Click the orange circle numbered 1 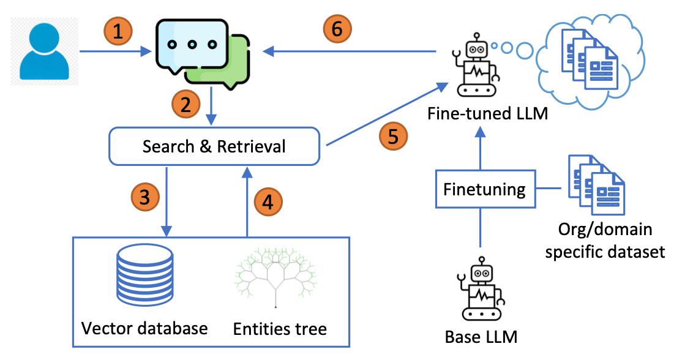point(119,31)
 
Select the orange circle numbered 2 point(185,104)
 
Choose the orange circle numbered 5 point(392,136)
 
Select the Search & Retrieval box point(214,146)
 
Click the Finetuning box point(484,189)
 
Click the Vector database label point(144,328)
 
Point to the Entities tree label point(280,329)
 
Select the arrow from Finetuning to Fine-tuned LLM point(481,149)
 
